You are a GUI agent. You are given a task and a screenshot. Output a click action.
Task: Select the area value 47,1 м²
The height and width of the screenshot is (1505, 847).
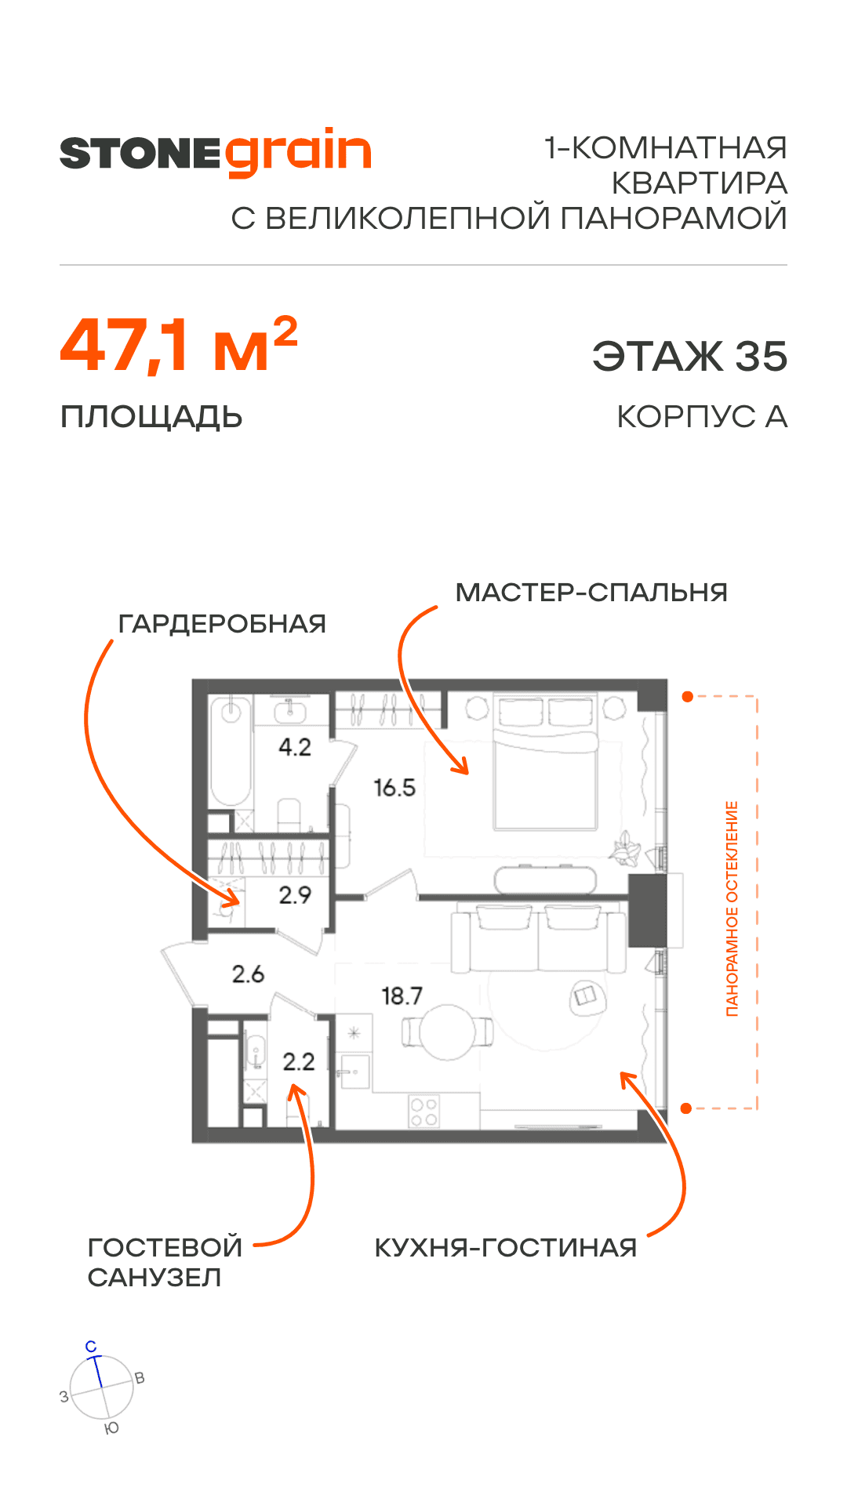[x=179, y=346]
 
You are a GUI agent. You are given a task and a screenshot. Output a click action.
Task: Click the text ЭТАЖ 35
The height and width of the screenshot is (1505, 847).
[x=689, y=357]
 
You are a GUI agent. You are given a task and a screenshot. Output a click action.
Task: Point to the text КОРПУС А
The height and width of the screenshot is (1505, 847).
[x=702, y=417]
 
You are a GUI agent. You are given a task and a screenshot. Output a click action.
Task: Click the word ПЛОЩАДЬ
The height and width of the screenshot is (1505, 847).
[x=151, y=417]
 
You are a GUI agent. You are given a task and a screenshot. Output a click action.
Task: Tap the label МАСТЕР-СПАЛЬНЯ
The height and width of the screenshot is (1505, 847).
[x=591, y=593]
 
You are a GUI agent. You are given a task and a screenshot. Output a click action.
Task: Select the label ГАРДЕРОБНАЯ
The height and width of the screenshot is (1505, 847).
[x=222, y=624]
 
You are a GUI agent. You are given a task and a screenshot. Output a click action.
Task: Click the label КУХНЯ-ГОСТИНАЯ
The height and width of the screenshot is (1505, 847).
[x=506, y=1248]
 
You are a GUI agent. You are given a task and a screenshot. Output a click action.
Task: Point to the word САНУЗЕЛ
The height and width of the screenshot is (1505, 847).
[x=154, y=1278]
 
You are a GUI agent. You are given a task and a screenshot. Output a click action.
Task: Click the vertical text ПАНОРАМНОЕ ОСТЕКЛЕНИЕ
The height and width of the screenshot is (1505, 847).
[x=732, y=908]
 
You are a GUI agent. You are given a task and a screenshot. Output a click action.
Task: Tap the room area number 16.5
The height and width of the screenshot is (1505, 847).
[x=394, y=788]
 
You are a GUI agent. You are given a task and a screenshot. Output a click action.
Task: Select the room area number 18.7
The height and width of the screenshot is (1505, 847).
[x=402, y=996]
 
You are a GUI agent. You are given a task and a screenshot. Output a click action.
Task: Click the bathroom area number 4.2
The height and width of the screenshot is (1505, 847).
[x=295, y=747]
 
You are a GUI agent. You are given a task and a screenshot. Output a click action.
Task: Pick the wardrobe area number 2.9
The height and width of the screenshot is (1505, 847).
[x=295, y=895]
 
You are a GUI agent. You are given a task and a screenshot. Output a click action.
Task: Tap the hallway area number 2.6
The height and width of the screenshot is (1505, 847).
[x=248, y=974]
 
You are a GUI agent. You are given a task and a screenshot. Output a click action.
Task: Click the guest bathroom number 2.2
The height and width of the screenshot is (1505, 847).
[x=298, y=1062]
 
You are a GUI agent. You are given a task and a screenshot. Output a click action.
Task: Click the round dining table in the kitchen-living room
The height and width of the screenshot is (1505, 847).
[x=447, y=1032]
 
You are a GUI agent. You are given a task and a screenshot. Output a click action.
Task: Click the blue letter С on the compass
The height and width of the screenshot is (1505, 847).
[x=91, y=1347]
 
